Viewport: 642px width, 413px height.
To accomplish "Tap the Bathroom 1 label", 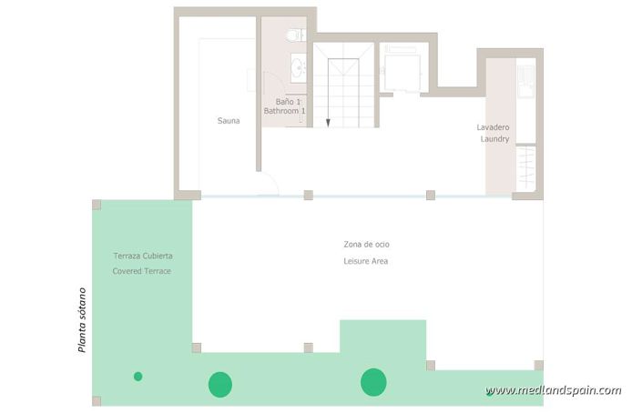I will tap(284, 111).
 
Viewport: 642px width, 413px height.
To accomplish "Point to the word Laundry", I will tap(495, 139).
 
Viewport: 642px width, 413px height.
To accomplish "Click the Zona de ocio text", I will tap(367, 245).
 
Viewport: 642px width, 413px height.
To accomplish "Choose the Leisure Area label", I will tap(367, 261).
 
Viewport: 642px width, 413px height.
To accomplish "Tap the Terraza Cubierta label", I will tap(143, 256).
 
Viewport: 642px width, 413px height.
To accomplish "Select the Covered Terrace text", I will tap(142, 271).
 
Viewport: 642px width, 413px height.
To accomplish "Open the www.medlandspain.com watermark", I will tap(554, 391).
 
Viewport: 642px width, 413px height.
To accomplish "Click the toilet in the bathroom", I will tap(293, 35).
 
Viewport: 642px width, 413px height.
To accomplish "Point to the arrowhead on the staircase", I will tap(328, 122).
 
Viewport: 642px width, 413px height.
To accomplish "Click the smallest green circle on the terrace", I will tap(138, 376).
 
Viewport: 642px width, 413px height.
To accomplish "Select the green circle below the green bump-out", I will tap(373, 382).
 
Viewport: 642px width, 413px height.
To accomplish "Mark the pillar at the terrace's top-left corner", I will tap(97, 205).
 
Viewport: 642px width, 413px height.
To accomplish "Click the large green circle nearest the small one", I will tap(219, 385).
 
